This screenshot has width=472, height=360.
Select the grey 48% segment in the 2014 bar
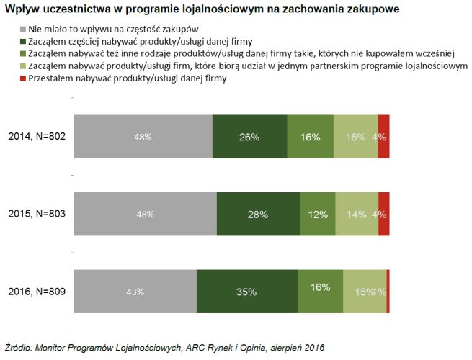pyautogui.click(x=143, y=136)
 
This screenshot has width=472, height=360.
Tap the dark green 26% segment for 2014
pyautogui.click(x=249, y=136)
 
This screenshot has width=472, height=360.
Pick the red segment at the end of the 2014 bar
pyautogui.click(x=383, y=136)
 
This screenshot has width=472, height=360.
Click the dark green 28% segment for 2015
pyautogui.click(x=258, y=214)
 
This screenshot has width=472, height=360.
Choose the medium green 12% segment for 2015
pyautogui.click(x=318, y=214)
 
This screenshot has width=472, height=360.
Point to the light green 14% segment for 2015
pyautogui.click(x=357, y=214)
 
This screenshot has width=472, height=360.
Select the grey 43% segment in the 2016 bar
pyautogui.click(x=135, y=292)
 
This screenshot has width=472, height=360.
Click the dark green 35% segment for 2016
pyautogui.click(x=246, y=292)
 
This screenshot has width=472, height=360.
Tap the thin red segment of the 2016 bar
pyautogui.click(x=388, y=292)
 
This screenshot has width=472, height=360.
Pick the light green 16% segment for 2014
pyautogui.click(x=355, y=136)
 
